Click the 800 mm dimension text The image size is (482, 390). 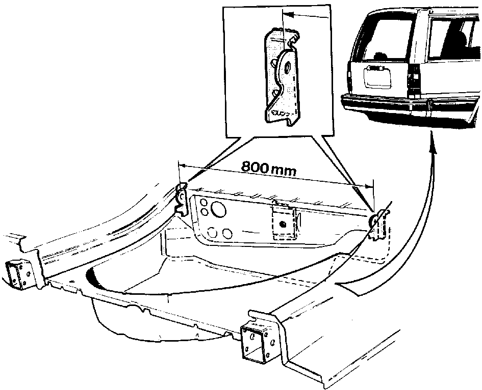[x=269, y=169]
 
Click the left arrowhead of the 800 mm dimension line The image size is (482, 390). [x=182, y=165]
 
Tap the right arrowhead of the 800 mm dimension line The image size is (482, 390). [x=369, y=185]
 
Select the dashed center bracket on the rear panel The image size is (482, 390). [x=284, y=221]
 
